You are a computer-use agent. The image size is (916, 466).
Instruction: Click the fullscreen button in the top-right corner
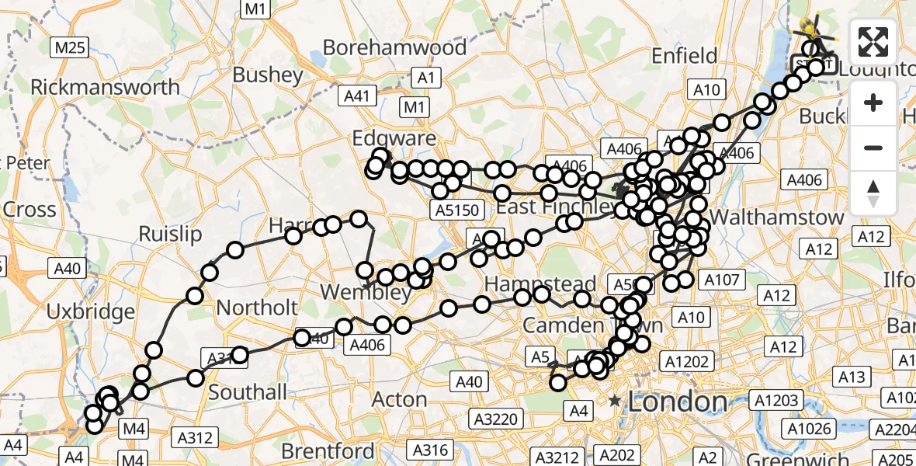click(873, 42)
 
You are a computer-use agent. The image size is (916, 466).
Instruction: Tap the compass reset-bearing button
click(873, 193)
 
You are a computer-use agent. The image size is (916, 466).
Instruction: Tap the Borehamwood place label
click(394, 47)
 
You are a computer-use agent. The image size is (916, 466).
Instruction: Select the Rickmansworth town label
click(105, 86)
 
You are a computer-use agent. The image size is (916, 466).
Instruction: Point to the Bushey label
click(268, 75)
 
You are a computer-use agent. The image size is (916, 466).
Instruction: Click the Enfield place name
click(685, 56)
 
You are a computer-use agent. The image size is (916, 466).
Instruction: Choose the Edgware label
click(394, 138)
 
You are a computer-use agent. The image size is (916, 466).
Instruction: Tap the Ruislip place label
click(170, 234)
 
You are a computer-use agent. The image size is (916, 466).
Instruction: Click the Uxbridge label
click(91, 312)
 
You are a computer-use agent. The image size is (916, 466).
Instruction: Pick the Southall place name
click(248, 392)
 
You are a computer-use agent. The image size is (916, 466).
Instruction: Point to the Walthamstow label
click(776, 217)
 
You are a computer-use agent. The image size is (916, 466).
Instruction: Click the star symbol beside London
click(616, 402)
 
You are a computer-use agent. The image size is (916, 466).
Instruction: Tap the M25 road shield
click(70, 48)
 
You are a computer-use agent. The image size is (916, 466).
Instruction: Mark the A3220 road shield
click(496, 419)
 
